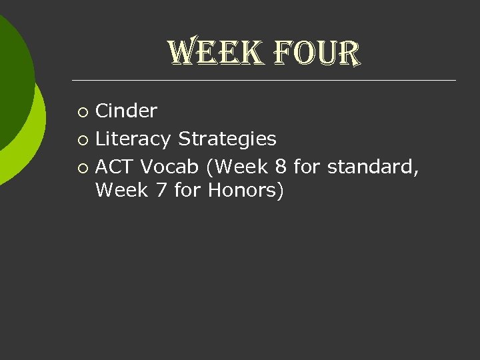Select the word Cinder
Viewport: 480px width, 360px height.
[126, 111]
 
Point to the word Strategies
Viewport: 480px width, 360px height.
[227, 139]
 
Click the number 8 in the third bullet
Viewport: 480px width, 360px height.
[281, 167]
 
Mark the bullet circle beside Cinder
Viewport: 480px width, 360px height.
[82, 111]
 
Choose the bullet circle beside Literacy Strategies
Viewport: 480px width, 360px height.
[82, 139]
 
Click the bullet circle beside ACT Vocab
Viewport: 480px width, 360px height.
[82, 167]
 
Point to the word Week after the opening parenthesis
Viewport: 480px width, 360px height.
[241, 167]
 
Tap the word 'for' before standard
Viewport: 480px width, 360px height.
[307, 167]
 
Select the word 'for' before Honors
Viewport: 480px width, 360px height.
[187, 191]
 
